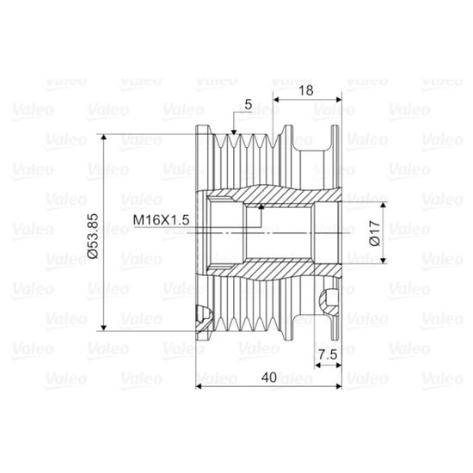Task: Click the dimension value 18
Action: coord(306,90)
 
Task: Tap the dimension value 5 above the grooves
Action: coord(248,105)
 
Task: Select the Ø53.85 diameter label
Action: coord(93,236)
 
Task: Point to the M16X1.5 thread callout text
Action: coord(161,220)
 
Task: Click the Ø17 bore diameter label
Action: coord(375,233)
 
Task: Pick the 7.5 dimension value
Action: coord(328,354)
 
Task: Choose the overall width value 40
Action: coord(269,377)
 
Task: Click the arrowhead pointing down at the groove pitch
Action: coord(233,132)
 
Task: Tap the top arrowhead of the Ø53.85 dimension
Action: coord(104,138)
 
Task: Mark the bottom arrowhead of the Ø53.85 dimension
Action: coord(104,328)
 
